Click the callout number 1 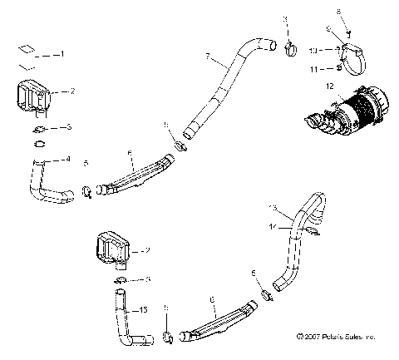click(x=60, y=53)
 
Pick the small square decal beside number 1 click(x=28, y=47)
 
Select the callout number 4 click(x=68, y=159)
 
